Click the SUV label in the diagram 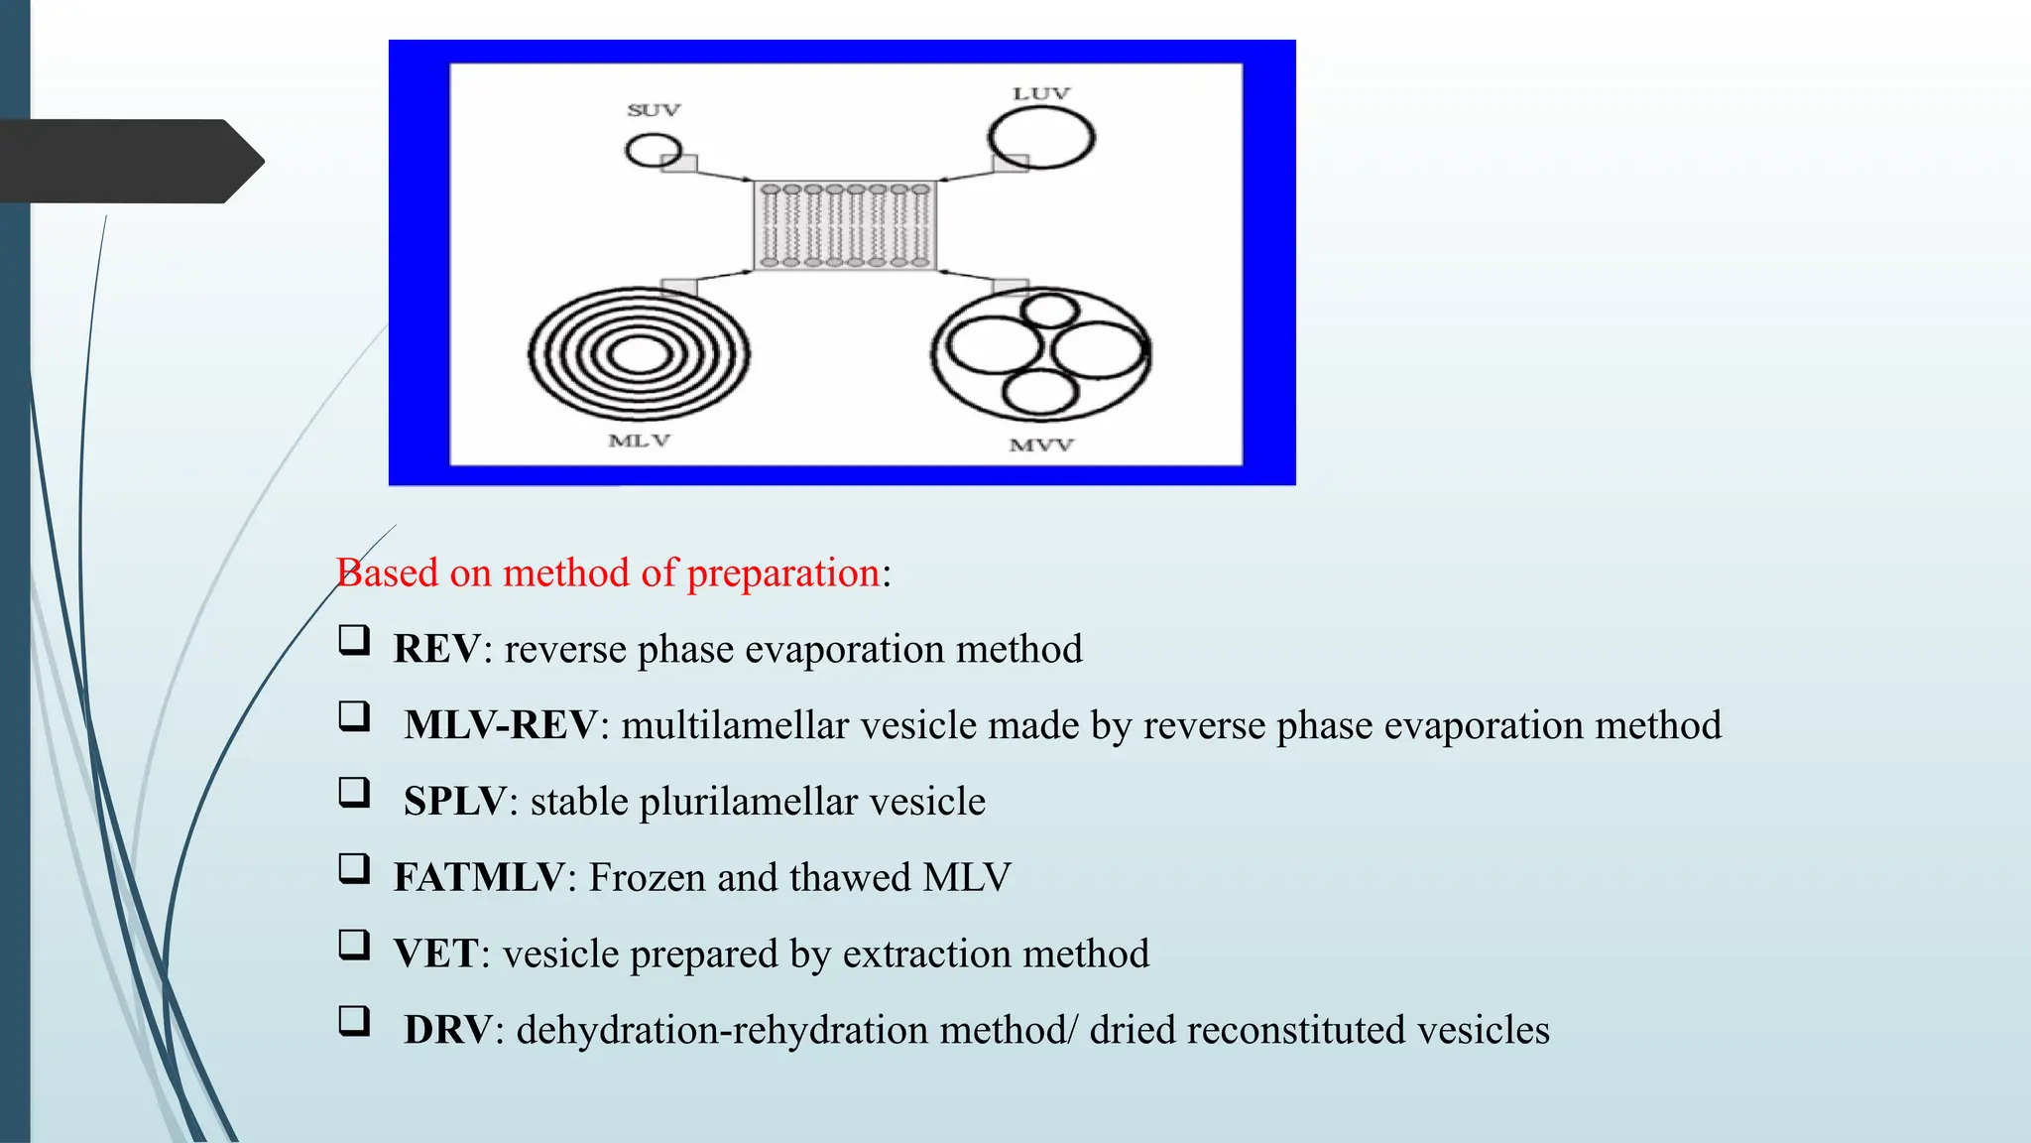pos(654,110)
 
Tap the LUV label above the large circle pos(1040,93)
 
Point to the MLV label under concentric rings pos(640,441)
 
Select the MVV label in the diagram pos(1041,445)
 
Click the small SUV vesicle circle pos(653,151)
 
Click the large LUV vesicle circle pos(1041,138)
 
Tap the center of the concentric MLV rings pos(640,355)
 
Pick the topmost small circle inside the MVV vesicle pos(1048,311)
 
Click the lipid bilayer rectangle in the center pos(845,226)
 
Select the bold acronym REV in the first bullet pos(437,650)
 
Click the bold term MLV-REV pos(501,725)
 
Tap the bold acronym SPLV pos(455,802)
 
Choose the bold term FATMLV pos(479,878)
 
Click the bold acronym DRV pos(447,1030)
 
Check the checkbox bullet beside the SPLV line pos(354,793)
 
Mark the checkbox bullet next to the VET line pos(354,945)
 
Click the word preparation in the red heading pos(782,573)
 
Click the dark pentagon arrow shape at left pos(129,162)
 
